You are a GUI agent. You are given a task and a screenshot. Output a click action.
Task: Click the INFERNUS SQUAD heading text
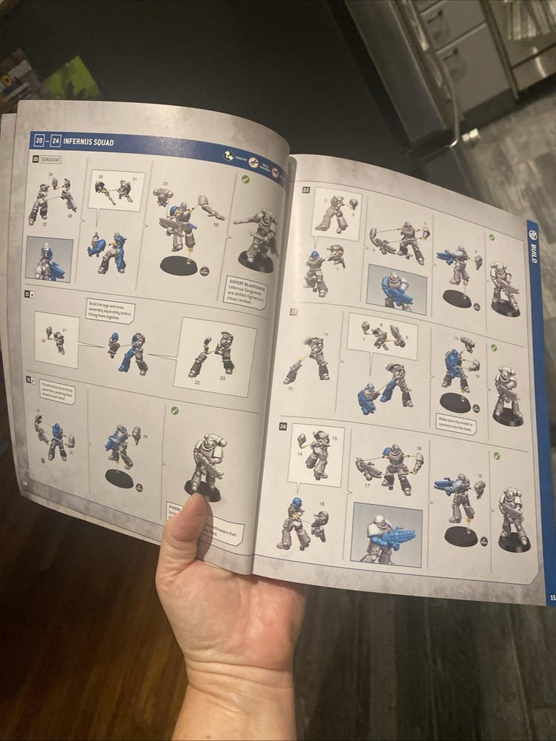pyautogui.click(x=88, y=141)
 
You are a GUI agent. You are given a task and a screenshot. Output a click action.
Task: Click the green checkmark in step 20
pyautogui.click(x=245, y=179)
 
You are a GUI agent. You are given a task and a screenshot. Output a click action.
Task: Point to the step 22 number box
pyautogui.click(x=305, y=190)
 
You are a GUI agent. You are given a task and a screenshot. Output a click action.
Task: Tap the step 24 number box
pyautogui.click(x=283, y=426)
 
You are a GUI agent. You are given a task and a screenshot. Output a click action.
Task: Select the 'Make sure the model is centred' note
pyautogui.click(x=455, y=423)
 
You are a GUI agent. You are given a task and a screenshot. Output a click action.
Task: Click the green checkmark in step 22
pyautogui.click(x=492, y=238)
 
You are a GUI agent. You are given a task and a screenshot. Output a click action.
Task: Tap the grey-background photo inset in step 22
pyautogui.click(x=397, y=288)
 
